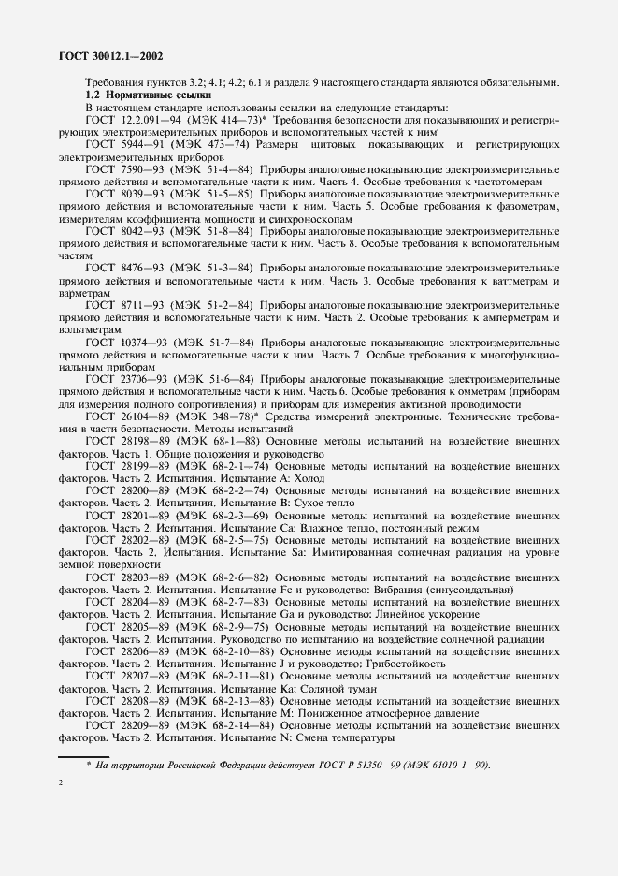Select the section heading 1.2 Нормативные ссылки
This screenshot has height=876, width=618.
click(x=148, y=95)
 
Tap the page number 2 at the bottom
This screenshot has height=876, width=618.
click(x=61, y=789)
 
